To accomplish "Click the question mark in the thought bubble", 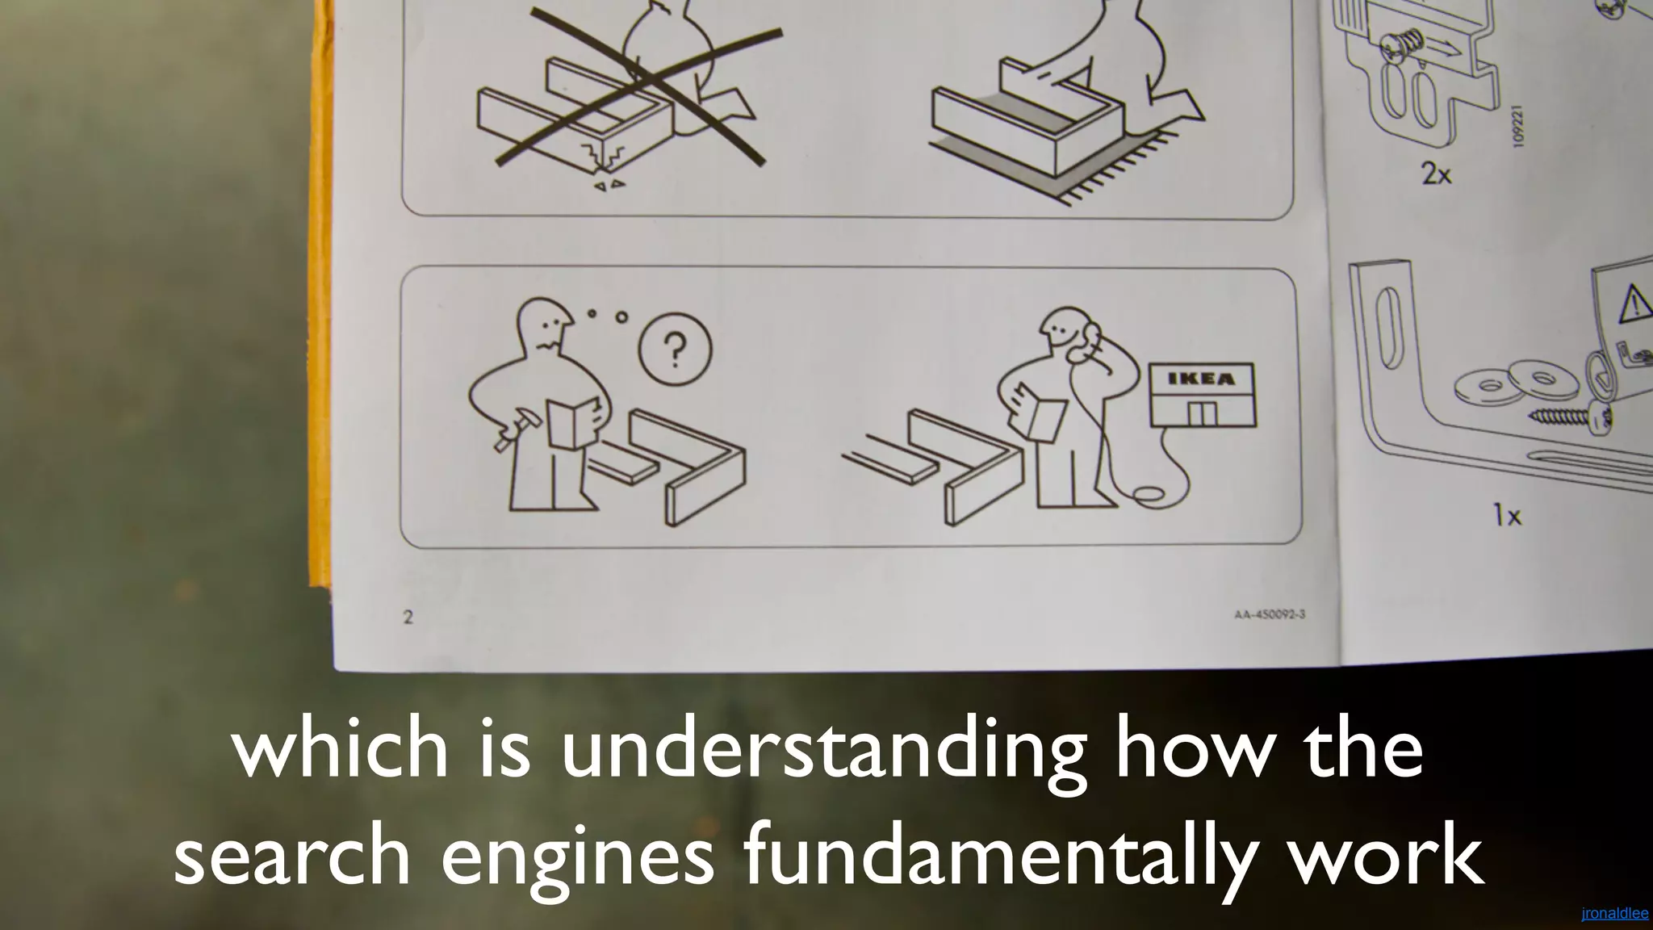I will (x=676, y=350).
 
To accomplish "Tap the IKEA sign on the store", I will (x=1202, y=379).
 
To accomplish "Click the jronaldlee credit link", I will (x=1614, y=914).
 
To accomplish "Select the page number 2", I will (x=408, y=618).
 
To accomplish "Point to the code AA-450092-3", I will (x=1270, y=614).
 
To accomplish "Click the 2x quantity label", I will (x=1436, y=174).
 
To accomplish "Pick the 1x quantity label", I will (x=1506, y=515).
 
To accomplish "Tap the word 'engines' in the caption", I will (x=577, y=860).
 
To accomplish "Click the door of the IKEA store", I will (x=1202, y=413).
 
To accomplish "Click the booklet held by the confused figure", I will (x=571, y=423).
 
